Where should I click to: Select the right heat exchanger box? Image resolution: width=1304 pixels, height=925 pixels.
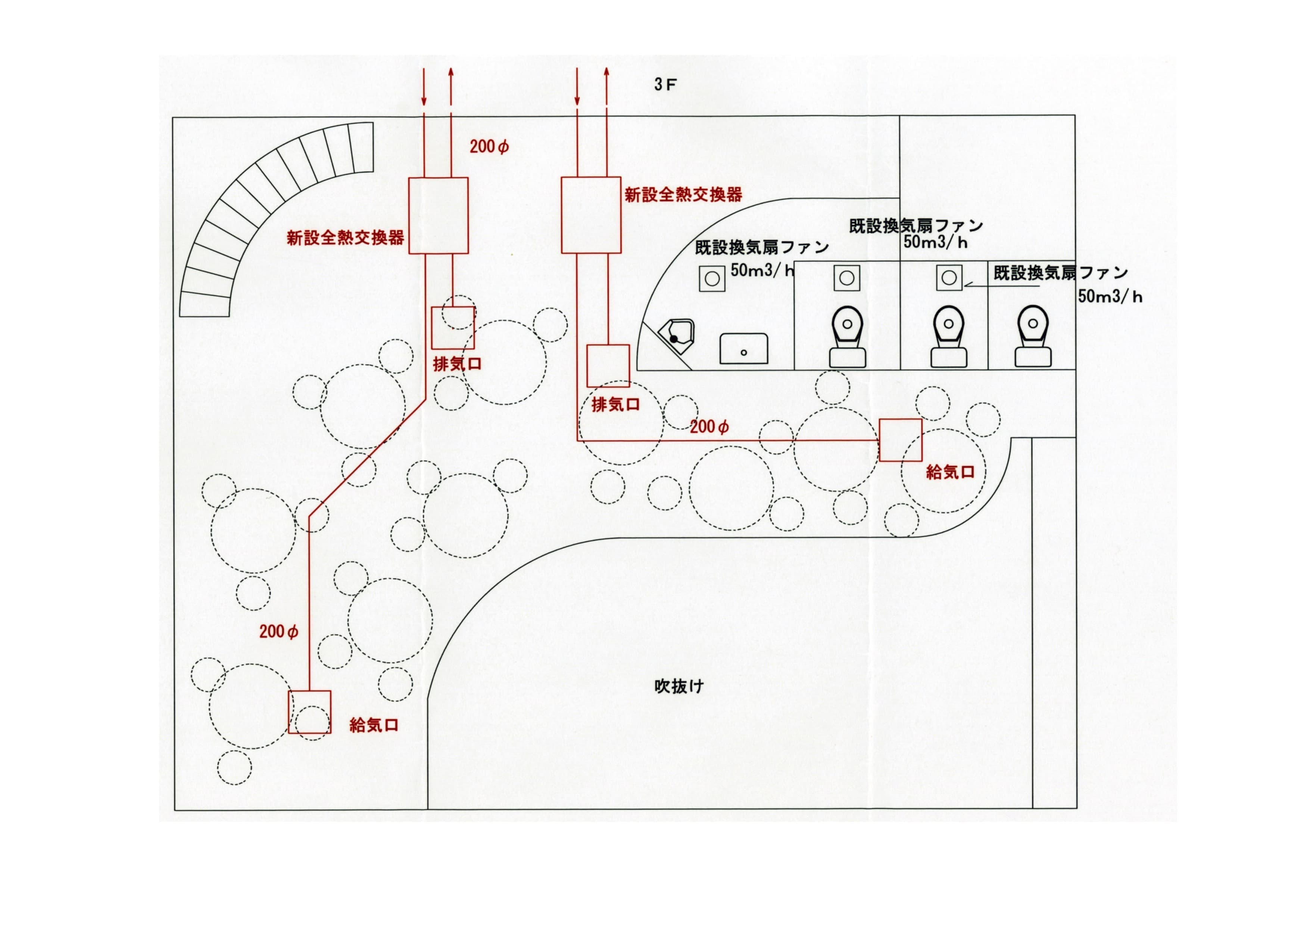591,215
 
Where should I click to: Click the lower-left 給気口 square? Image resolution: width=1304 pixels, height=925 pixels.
309,712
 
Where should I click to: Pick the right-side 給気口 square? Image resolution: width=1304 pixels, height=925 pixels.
900,440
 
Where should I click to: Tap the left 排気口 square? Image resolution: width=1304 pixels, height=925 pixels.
453,328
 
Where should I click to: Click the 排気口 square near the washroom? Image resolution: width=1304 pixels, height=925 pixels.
608,366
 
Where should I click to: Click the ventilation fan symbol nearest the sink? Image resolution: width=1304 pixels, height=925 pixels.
712,278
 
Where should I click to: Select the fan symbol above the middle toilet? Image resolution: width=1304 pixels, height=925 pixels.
949,277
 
